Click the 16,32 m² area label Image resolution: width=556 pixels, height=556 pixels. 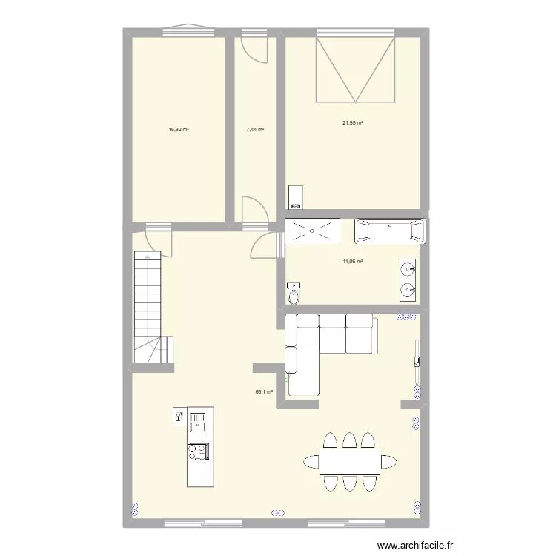179,130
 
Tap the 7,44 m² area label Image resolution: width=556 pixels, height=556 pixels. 255,130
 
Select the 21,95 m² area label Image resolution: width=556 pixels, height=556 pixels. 352,123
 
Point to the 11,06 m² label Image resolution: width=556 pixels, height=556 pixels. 352,261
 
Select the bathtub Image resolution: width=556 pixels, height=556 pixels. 391,231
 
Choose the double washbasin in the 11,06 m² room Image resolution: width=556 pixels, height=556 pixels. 407,279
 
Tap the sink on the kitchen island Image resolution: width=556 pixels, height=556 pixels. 198,423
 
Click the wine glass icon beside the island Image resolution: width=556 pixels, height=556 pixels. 179,417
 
